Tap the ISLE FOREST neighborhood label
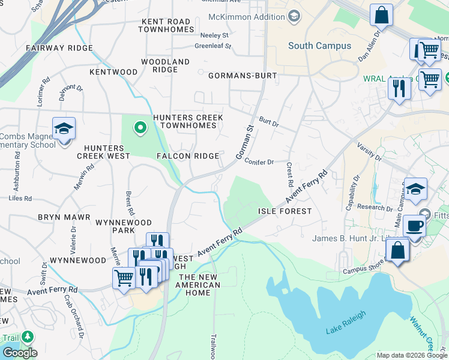(285, 211)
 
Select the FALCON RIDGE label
(188, 156)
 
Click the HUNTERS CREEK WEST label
(107, 152)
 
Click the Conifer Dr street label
(260, 162)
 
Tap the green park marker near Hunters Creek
(140, 127)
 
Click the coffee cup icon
(414, 226)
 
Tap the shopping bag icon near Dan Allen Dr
(381, 15)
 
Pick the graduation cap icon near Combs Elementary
(64, 128)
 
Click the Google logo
(19, 352)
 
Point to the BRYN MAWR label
(64, 217)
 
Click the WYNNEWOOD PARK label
(124, 226)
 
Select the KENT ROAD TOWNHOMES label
(166, 25)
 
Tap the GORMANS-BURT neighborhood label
(243, 76)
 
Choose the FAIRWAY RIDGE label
(59, 48)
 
